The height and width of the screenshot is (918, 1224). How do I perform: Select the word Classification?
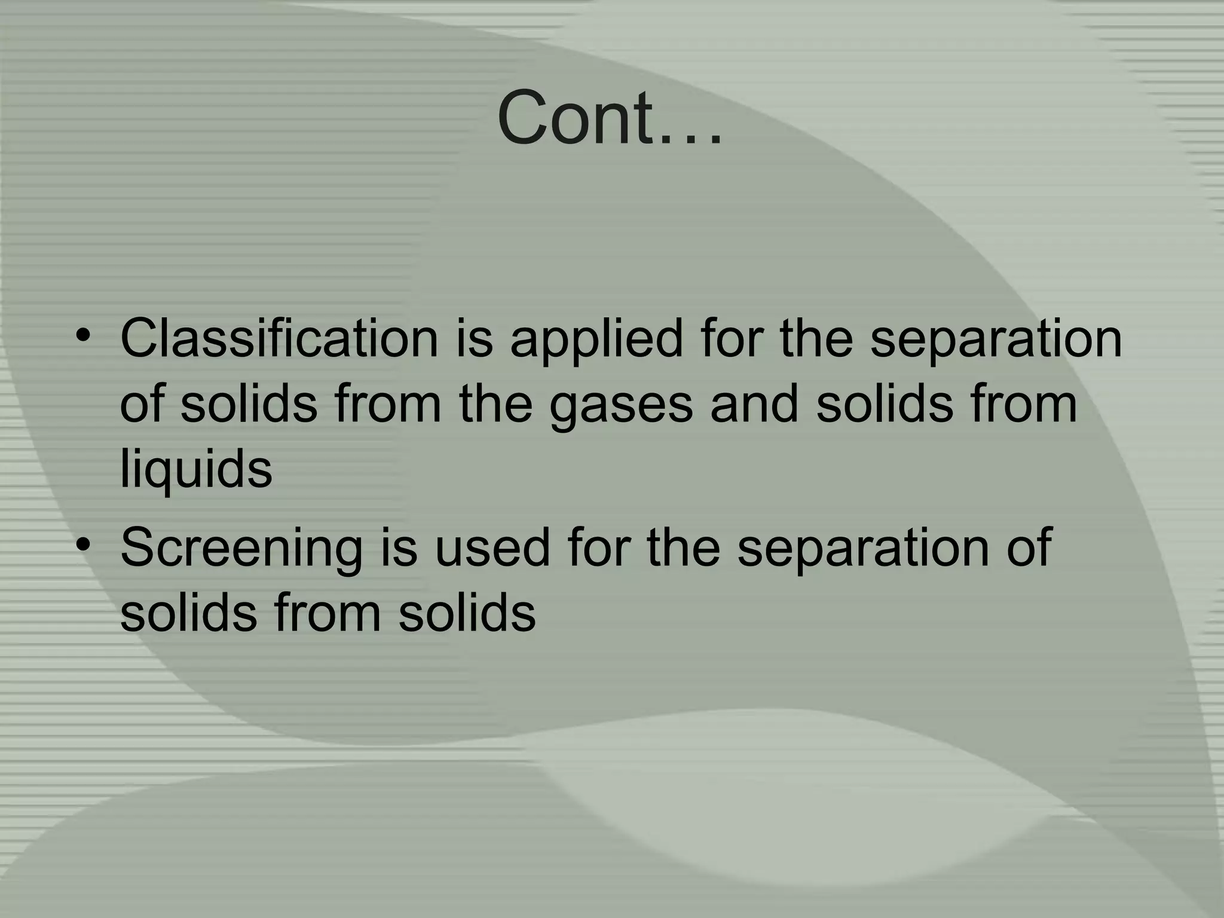pos(279,339)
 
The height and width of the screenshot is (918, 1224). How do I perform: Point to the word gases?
pos(621,405)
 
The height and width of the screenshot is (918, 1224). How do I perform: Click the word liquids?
pos(196,469)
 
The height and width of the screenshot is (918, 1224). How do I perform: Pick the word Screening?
pos(241,548)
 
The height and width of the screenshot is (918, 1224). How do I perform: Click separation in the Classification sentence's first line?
pos(996,339)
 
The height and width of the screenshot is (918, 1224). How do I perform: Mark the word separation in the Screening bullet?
pos(863,548)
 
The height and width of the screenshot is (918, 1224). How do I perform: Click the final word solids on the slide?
pos(467,613)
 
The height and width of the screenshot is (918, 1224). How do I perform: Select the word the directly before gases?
pos(495,405)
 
